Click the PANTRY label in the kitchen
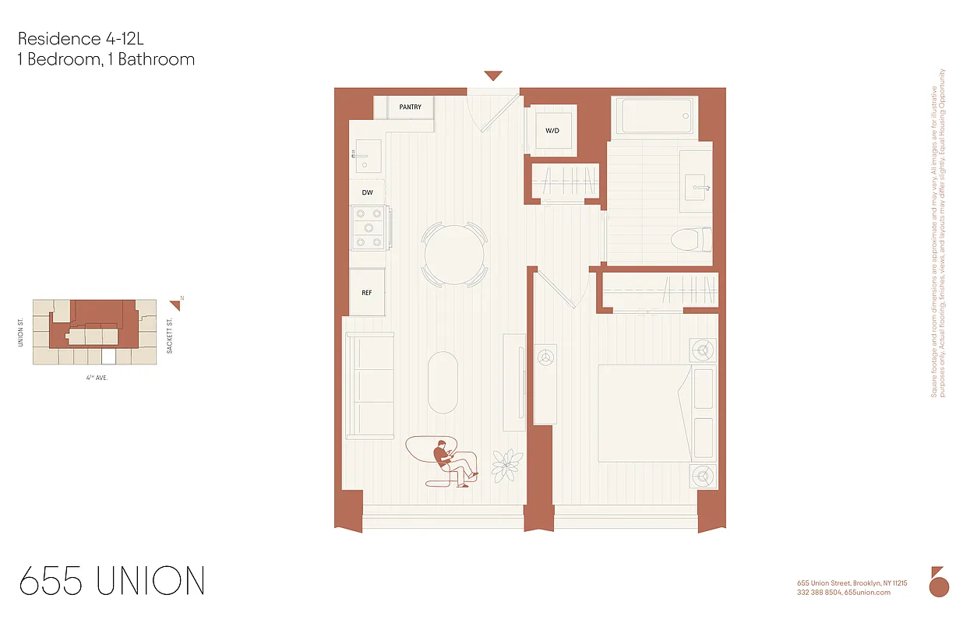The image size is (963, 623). click(410, 107)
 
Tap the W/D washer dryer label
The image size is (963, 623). click(552, 130)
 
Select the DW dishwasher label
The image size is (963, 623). click(367, 192)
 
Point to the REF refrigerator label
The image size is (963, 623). click(366, 293)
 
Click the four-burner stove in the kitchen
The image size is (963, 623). click(369, 227)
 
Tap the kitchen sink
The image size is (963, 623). click(365, 155)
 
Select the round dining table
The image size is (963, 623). click(454, 254)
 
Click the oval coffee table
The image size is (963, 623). click(443, 382)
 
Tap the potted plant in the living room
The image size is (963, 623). click(508, 465)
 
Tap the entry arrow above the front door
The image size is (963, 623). click(493, 76)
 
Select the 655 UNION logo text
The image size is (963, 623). click(112, 582)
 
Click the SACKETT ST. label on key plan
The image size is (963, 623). click(170, 336)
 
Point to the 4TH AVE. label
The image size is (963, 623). click(97, 377)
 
